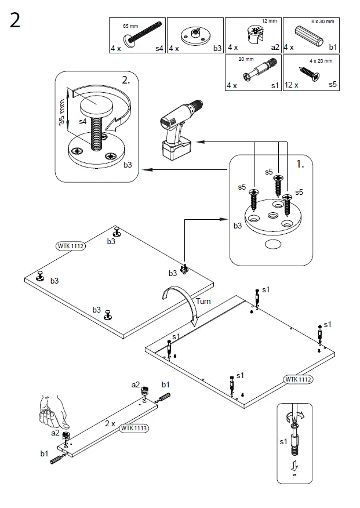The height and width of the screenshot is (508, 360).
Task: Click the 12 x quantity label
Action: point(291,85)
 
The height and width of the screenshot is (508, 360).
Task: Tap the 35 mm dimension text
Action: point(62,113)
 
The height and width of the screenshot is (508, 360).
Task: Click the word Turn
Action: point(203,302)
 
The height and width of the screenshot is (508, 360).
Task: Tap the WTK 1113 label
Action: point(134,429)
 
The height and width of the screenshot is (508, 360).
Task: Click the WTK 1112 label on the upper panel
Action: point(71,246)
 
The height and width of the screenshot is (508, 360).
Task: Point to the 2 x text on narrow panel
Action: point(110,423)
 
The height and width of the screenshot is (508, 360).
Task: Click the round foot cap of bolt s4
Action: point(96,106)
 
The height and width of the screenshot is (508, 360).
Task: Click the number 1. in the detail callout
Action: point(300,165)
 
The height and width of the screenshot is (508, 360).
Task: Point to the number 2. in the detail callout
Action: point(125,81)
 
